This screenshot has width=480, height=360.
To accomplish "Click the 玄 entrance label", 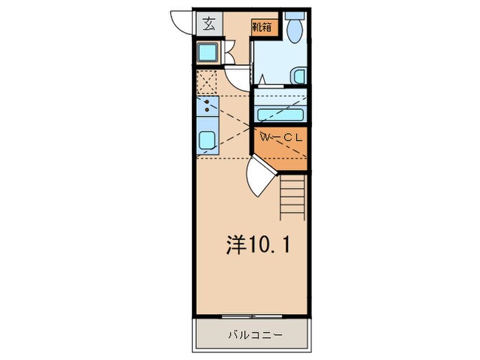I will click(208, 25).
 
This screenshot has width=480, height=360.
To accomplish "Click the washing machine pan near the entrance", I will click(208, 53).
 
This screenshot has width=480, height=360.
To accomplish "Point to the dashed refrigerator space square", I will click(208, 82).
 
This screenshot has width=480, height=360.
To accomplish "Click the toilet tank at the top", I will click(295, 14).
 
